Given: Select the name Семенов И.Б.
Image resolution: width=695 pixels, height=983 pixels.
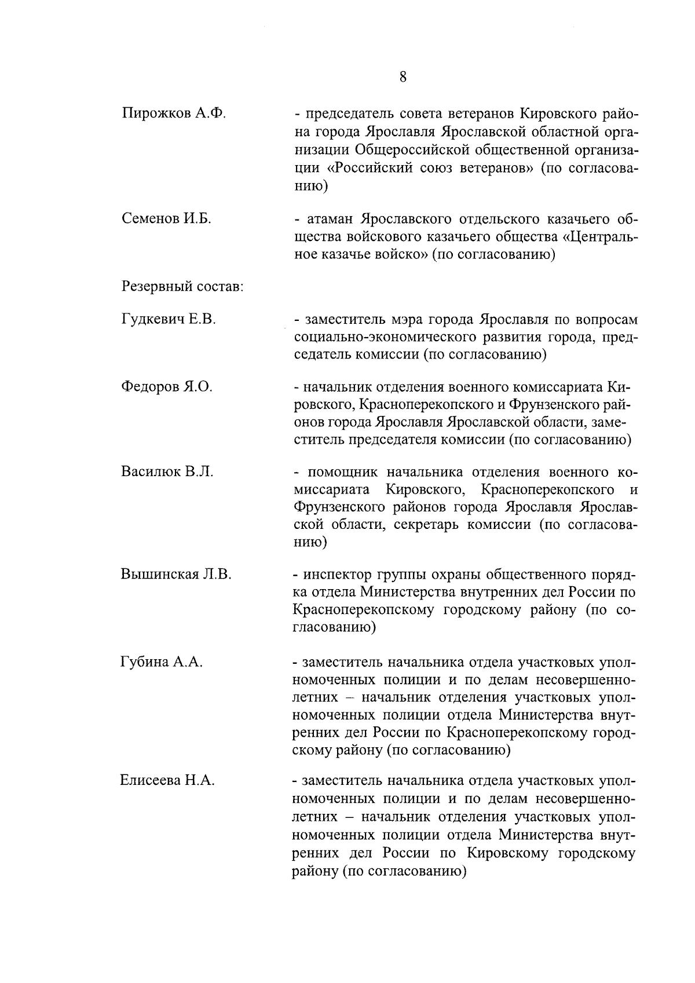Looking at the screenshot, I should (x=167, y=219).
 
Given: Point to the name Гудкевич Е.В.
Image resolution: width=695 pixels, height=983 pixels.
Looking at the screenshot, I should (x=169, y=319).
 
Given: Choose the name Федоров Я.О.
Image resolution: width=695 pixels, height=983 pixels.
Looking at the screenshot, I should (x=167, y=387).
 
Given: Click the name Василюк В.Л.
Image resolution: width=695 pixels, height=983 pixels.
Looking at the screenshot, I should (x=167, y=472).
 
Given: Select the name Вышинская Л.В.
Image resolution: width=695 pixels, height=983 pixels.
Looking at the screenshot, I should (x=176, y=574).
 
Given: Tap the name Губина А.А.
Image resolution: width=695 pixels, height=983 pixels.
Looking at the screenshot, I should (x=161, y=662).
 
